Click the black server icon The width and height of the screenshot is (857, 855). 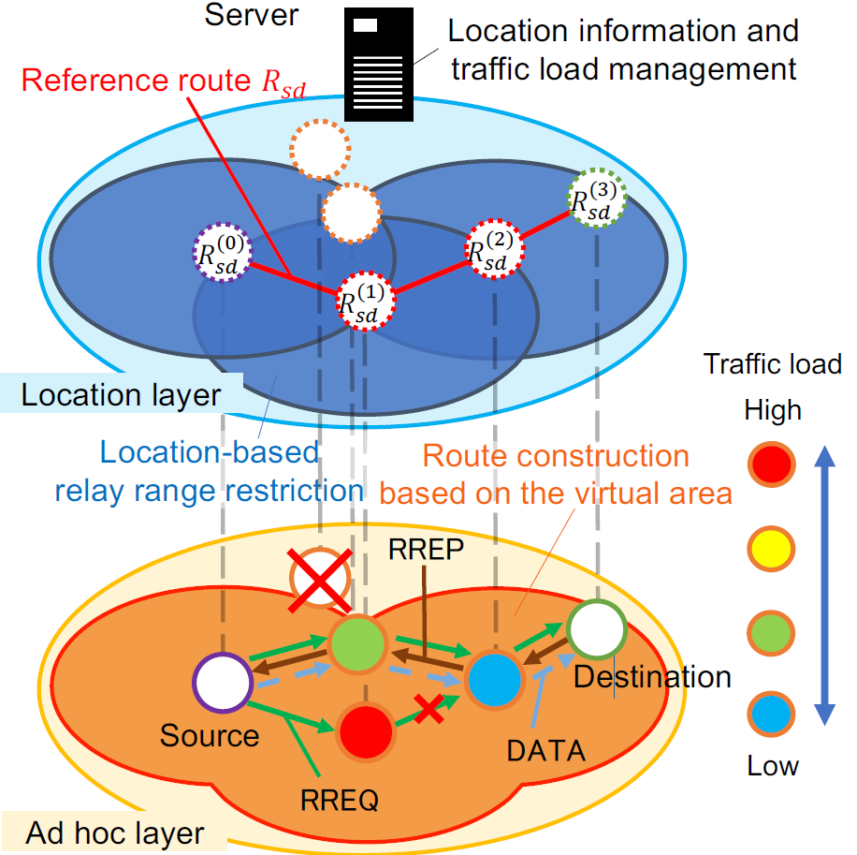pyautogui.click(x=378, y=64)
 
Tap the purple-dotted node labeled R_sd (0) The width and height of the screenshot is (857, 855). pyautogui.click(x=223, y=252)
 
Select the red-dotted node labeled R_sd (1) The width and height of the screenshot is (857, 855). pyautogui.click(x=365, y=301)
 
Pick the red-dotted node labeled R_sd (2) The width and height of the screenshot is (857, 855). pyautogui.click(x=495, y=249)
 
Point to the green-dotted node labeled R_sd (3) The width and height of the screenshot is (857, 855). pyautogui.click(x=596, y=197)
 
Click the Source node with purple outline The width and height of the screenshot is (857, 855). pyautogui.click(x=223, y=682)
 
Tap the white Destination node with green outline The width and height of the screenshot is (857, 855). pyautogui.click(x=596, y=629)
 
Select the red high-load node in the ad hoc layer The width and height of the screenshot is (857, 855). pyautogui.click(x=366, y=731)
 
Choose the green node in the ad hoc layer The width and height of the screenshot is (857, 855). pyautogui.click(x=357, y=644)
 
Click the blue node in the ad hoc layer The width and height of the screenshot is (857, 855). pyautogui.click(x=495, y=679)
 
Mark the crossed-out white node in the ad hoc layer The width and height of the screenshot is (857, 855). pyautogui.click(x=320, y=579)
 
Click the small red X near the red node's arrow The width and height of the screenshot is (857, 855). pyautogui.click(x=428, y=708)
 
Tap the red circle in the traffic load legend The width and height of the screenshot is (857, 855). pyautogui.click(x=771, y=464)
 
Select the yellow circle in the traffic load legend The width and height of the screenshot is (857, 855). pyautogui.click(x=771, y=549)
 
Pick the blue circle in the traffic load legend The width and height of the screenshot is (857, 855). pyautogui.click(x=771, y=714)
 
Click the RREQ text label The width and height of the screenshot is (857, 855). pyautogui.click(x=340, y=801)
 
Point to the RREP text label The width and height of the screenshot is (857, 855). pyautogui.click(x=426, y=549)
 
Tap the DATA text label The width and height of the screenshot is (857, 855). pyautogui.click(x=546, y=750)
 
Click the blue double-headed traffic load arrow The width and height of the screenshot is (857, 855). pyautogui.click(x=825, y=585)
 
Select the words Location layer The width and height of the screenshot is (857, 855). pyautogui.click(x=121, y=394)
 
